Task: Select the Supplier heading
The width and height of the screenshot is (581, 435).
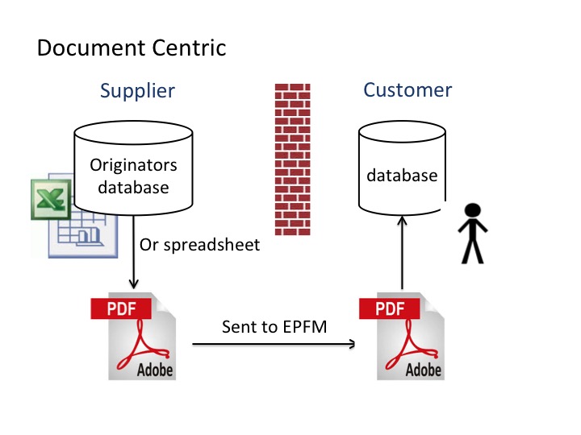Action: pos(137,90)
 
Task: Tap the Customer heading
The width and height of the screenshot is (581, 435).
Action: pos(408,90)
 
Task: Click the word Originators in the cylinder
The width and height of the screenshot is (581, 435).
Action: pos(133,165)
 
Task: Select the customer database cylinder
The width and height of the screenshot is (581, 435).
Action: pos(401,173)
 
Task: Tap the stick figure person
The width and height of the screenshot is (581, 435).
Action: pos(470,234)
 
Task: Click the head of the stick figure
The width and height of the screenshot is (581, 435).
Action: pos(470,212)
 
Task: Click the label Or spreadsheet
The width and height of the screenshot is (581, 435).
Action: pos(200,245)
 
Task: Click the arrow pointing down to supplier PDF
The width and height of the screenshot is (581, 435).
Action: pos(133,258)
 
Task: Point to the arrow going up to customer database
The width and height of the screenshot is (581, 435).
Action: pos(401,258)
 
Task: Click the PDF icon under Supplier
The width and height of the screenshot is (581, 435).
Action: pos(137,337)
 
